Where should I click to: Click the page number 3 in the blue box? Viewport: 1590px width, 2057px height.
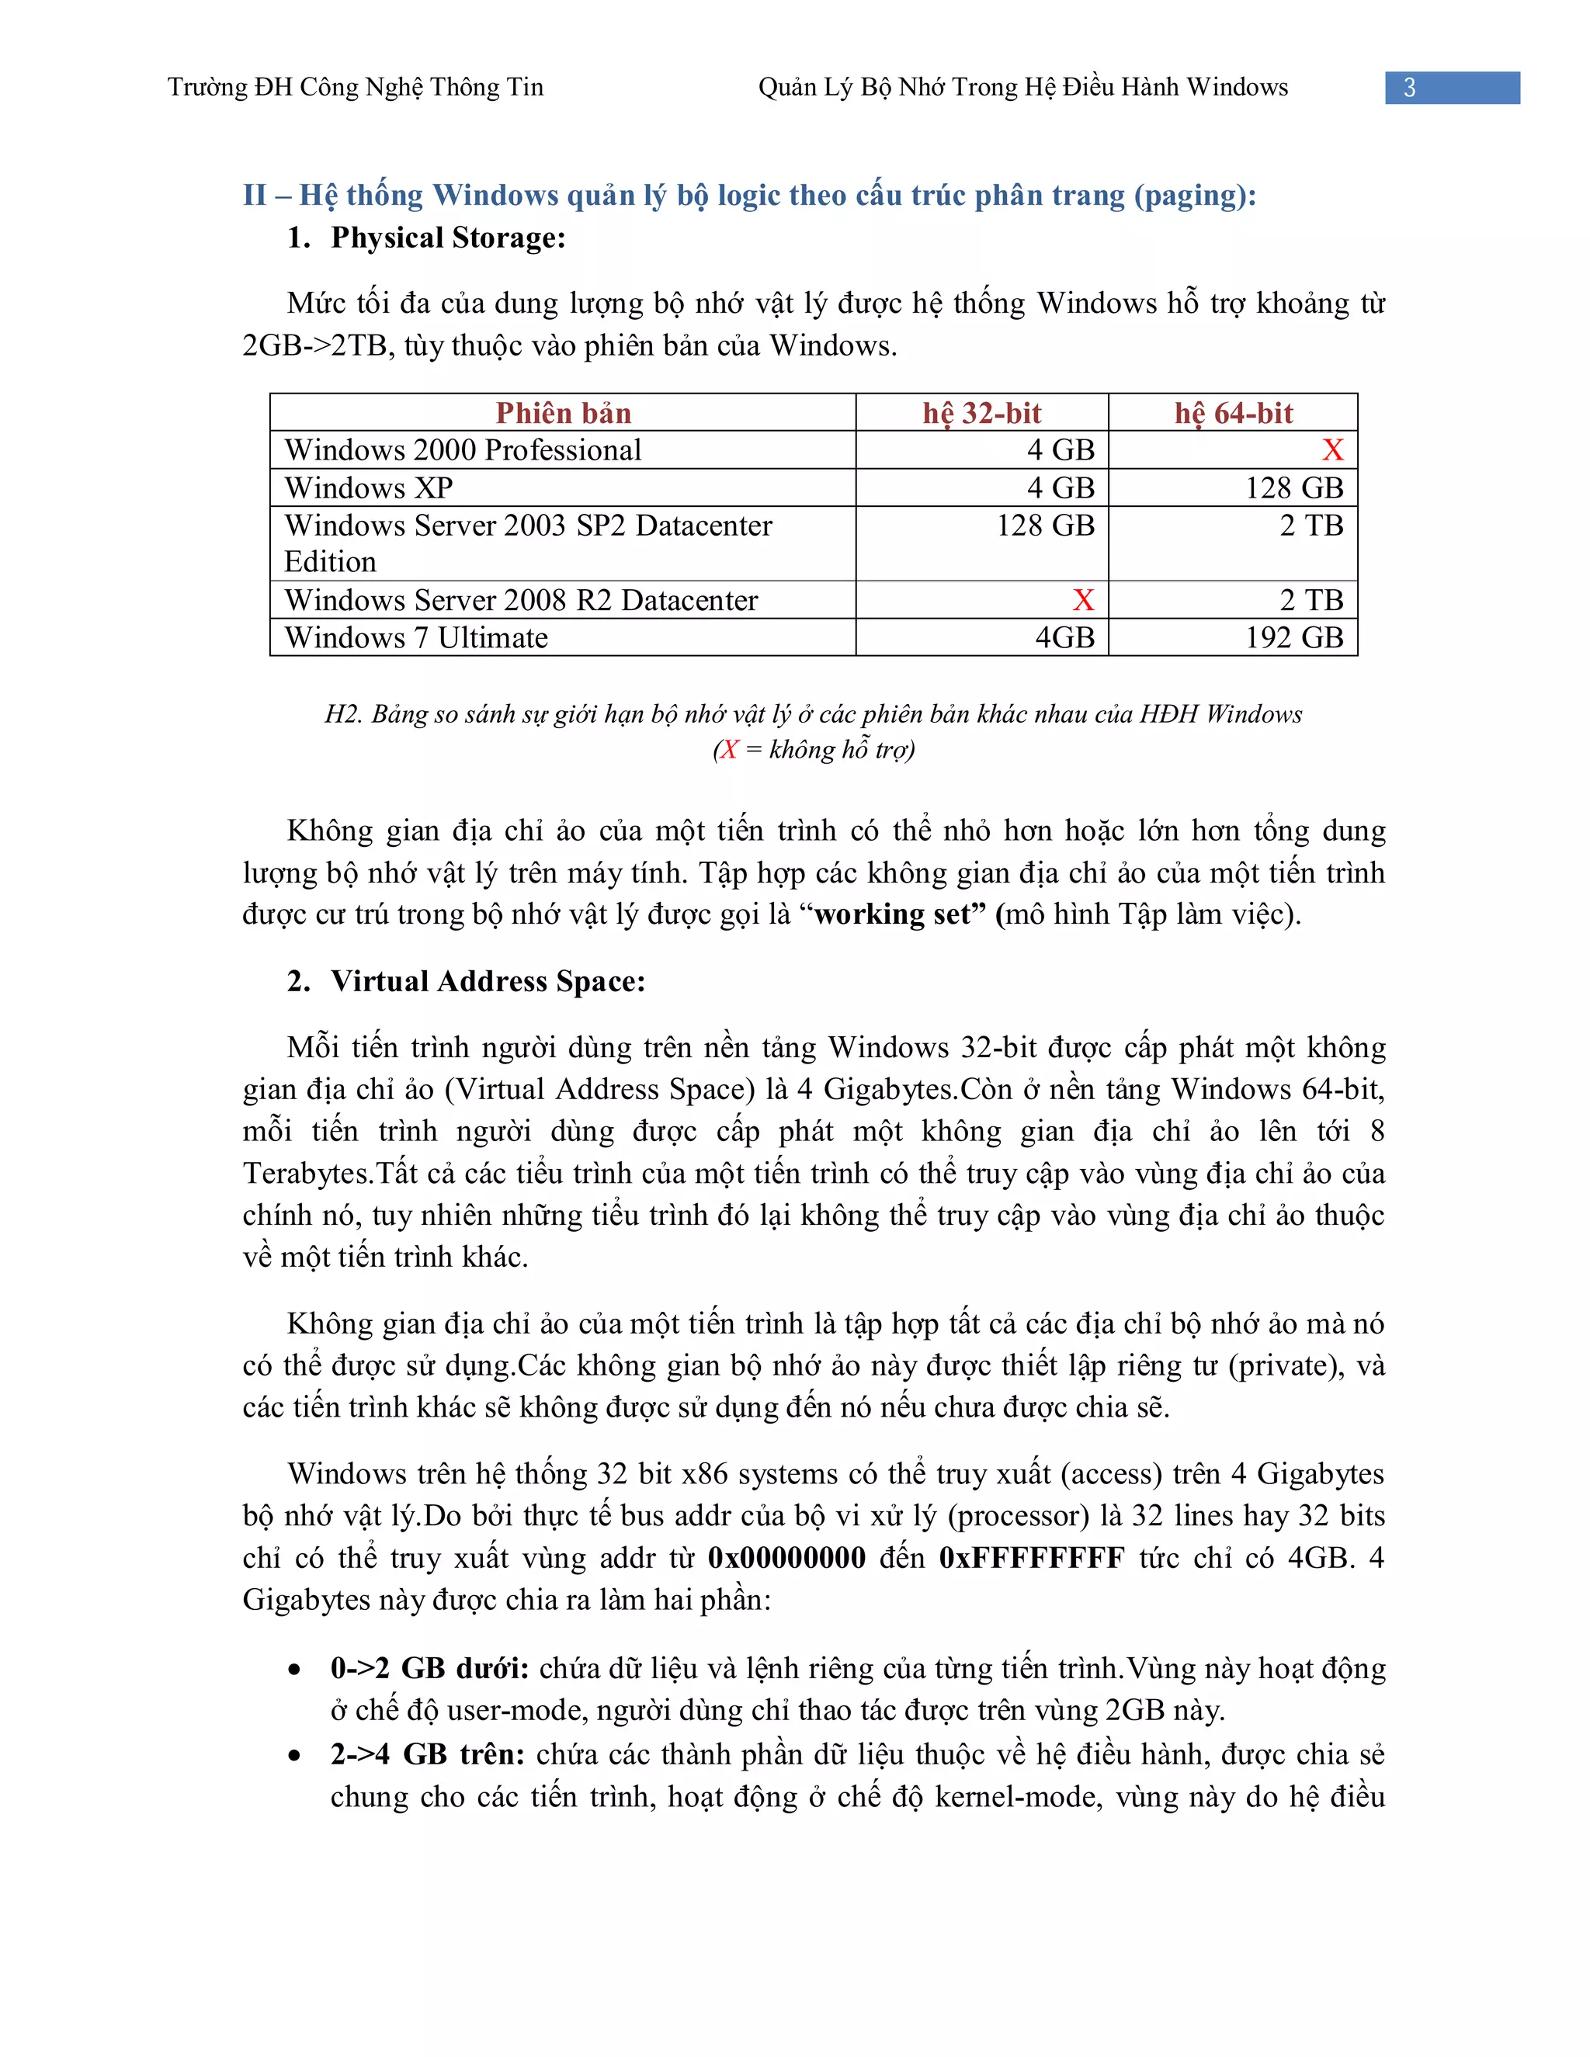pos(1409,88)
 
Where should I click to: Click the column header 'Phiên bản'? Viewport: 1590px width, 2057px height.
pos(564,412)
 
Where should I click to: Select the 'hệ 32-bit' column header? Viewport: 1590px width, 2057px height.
pos(981,412)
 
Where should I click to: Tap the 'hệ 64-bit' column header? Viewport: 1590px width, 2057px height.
pos(1233,412)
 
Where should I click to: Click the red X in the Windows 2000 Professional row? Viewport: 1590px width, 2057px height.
pos(1332,450)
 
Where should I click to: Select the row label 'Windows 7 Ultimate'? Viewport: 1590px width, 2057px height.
pos(416,637)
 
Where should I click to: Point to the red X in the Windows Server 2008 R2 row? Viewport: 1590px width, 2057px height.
pos(1083,600)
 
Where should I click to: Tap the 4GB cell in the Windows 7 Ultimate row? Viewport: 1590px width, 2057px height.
pos(1064,637)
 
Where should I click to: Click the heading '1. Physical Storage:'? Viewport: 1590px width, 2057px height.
pos(427,238)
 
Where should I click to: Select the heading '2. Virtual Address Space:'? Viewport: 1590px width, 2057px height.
pos(467,981)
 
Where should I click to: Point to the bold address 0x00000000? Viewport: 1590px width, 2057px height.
pos(786,1558)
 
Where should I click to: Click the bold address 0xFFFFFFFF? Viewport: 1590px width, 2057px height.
pos(1032,1558)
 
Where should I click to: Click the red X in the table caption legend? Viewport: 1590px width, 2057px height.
pos(728,750)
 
